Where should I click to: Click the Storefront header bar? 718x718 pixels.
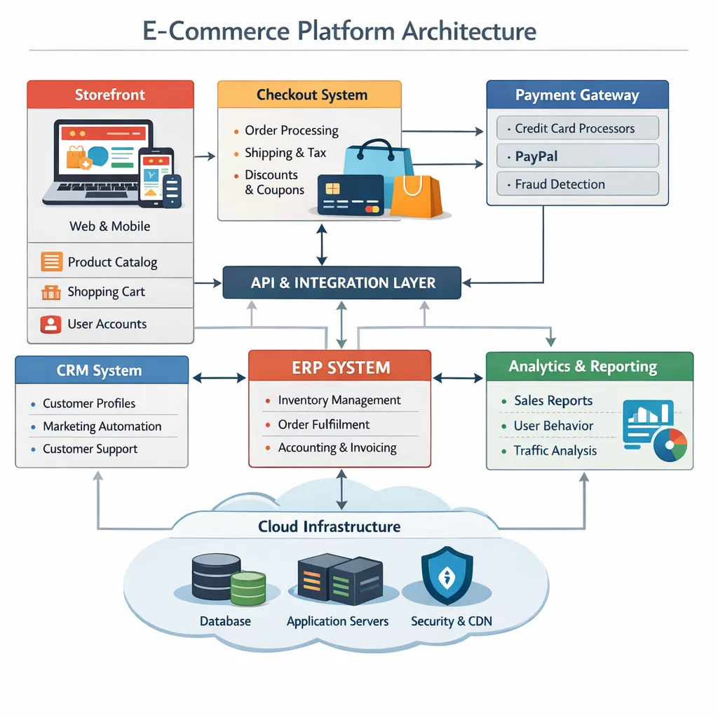[x=110, y=95]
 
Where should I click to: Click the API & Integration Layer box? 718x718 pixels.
[x=342, y=283]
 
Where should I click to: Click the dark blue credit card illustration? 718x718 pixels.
[x=350, y=194]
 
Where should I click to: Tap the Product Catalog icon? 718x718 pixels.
[x=52, y=262]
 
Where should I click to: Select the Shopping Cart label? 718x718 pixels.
[x=106, y=292]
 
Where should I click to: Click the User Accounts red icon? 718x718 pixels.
[x=51, y=324]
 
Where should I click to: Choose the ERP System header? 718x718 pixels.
[x=340, y=367]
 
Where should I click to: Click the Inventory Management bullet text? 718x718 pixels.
[x=339, y=400]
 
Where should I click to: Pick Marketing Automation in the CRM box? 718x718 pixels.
[x=102, y=426]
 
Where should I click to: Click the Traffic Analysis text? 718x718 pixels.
[x=555, y=451]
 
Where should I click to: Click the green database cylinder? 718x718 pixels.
[x=248, y=588]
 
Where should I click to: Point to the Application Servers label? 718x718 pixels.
[x=337, y=621]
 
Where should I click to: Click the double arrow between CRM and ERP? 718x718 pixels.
[x=219, y=378]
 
